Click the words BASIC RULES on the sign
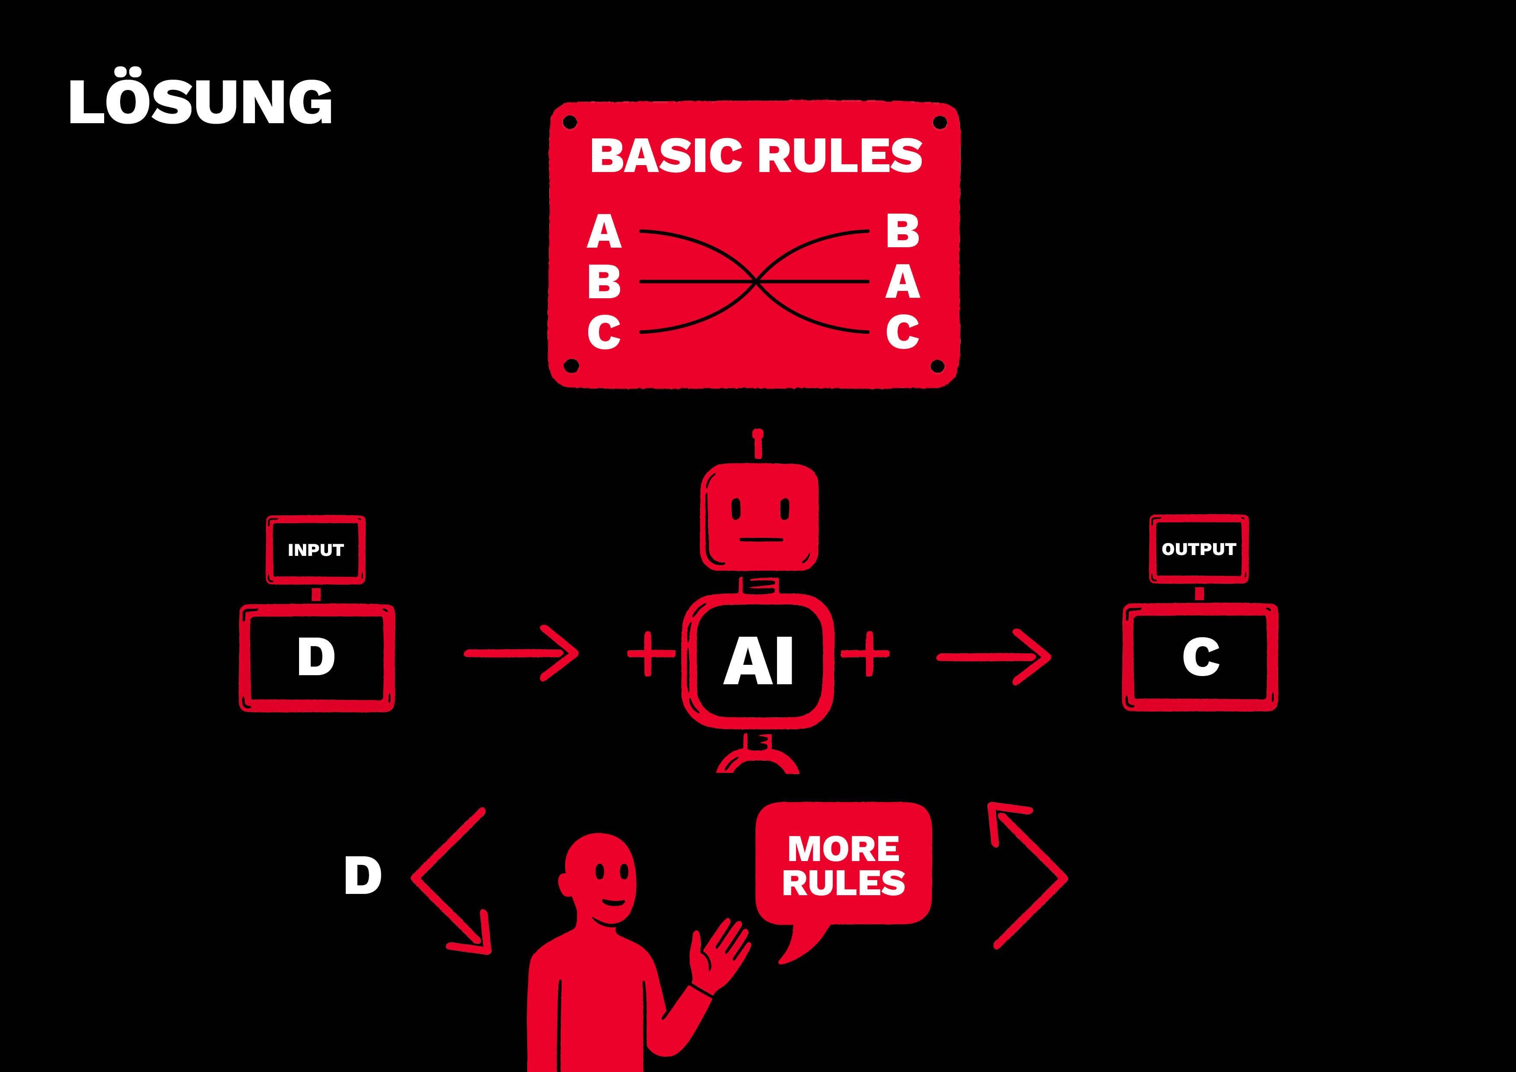pos(756,156)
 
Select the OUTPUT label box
pos(1198,549)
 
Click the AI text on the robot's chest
pos(758,661)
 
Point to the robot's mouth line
pos(761,539)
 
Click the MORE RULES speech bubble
pos(843,865)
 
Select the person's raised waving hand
pos(722,951)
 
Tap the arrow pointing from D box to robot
pos(522,653)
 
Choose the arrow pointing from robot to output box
pos(994,656)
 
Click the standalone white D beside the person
pos(363,876)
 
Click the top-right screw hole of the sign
pos(940,122)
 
